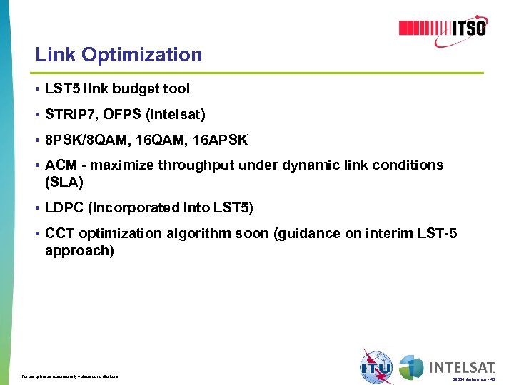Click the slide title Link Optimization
119,55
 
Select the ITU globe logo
376,366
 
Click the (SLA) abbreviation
64,183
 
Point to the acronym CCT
59,234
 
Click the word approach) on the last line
79,251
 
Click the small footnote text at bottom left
70,376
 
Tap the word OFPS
125,114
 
